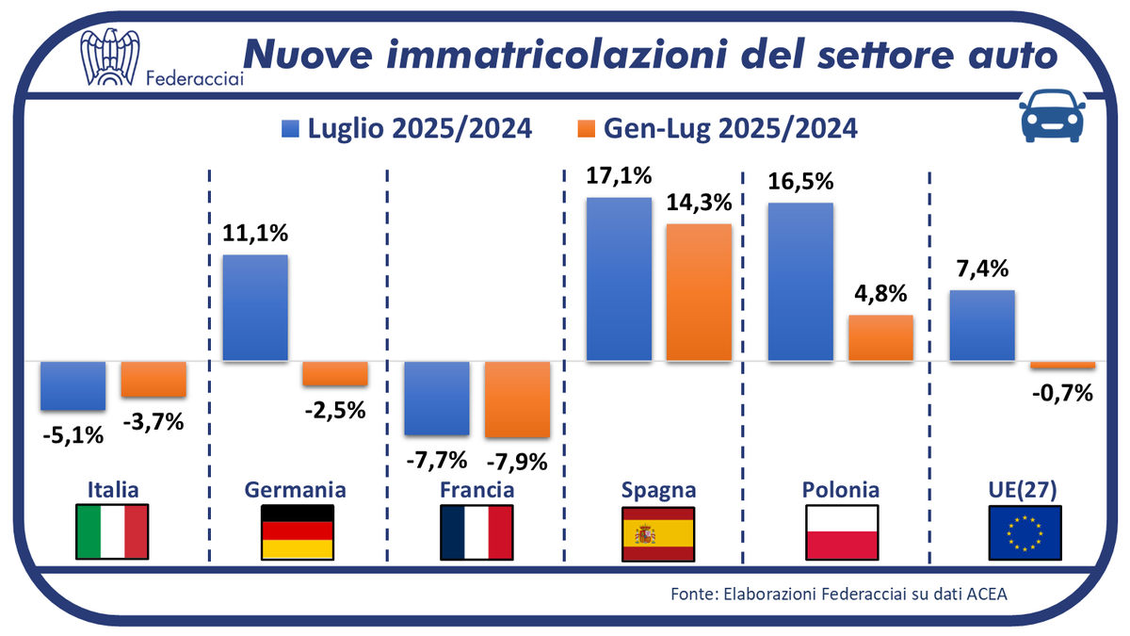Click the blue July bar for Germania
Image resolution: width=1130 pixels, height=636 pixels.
pos(254,307)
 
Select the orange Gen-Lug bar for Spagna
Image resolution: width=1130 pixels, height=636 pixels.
pos(699,292)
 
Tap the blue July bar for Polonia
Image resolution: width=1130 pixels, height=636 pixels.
pos(800,281)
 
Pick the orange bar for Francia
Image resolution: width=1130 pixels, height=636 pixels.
pos(517,399)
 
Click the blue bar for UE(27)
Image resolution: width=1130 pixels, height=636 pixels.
pos(981,325)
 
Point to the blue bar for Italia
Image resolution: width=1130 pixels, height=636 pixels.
pos(73,384)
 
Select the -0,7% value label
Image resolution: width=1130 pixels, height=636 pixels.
pos(1062,392)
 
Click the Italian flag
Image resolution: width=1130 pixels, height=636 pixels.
pos(112,532)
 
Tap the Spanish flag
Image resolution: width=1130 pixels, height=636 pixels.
pos(658,532)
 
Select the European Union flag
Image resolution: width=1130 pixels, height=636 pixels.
pos(1025,532)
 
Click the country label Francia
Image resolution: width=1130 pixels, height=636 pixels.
pos(477,490)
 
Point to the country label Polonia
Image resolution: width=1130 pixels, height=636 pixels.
pos(841,490)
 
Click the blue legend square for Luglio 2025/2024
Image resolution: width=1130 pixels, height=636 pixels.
pos(289,129)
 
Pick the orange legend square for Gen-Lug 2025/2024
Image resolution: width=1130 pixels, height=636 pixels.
pos(585,129)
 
